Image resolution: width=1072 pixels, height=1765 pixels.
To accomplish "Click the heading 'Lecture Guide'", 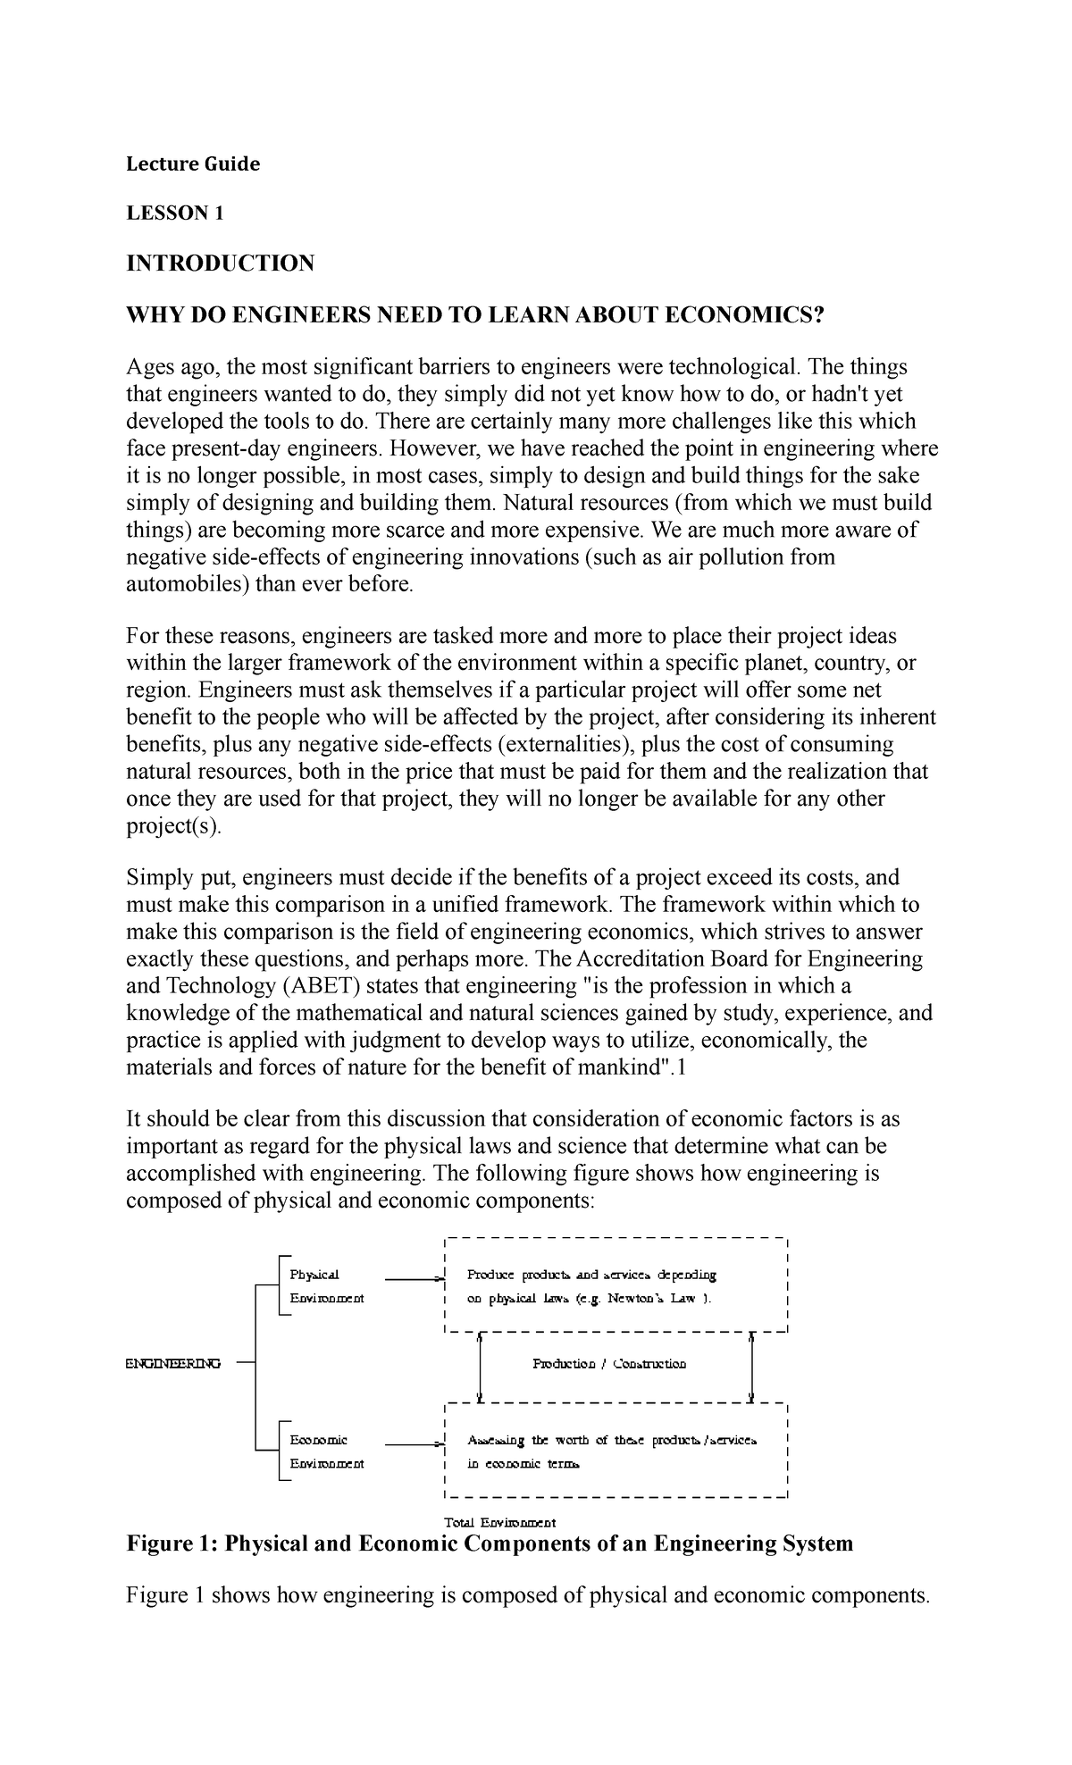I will pos(192,163).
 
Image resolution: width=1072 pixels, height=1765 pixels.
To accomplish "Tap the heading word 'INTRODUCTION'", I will pos(220,263).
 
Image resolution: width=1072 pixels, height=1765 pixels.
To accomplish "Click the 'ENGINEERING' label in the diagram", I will pos(172,1363).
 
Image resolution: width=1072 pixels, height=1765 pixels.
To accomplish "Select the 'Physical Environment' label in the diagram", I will pos(326,1286).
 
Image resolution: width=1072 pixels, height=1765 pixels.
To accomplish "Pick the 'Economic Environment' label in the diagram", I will pos(326,1452).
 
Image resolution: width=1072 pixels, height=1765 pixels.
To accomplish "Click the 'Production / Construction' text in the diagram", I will pos(609,1364).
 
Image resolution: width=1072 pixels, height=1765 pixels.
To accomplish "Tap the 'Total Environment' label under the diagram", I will pos(499,1521).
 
